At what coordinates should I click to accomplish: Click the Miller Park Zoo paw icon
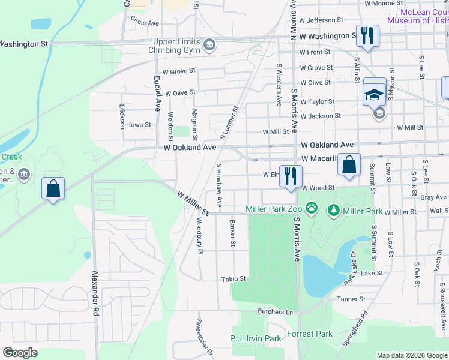pos(312,209)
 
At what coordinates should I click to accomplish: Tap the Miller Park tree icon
pos(333,211)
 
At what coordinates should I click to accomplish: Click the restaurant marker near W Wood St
pos(291,176)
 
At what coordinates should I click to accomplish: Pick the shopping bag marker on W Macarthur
pos(349,164)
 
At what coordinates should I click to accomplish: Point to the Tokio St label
pos(234,279)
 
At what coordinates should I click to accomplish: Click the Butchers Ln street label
pos(275,311)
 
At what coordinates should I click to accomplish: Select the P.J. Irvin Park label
pos(255,338)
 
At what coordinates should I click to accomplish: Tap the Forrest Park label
pos(309,334)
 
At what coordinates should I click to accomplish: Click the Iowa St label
pos(140,125)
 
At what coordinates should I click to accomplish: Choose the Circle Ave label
pos(145,23)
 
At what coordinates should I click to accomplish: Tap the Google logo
pos(20,353)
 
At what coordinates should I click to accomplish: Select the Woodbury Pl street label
pos(199,235)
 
